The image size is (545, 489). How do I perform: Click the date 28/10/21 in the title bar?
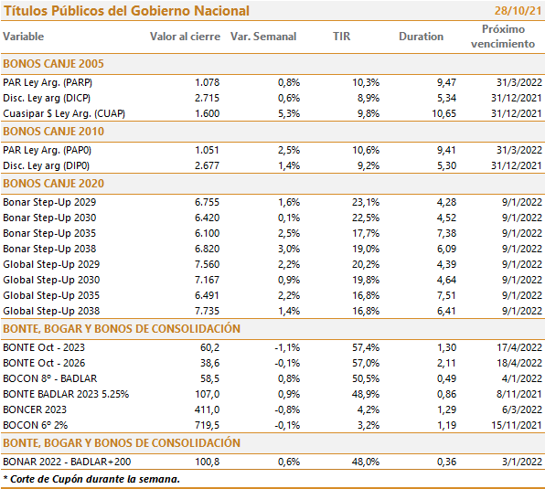tap(518, 11)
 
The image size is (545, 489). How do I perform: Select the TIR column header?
tap(341, 37)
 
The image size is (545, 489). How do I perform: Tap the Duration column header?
tap(421, 37)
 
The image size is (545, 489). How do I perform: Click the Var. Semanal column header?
tap(263, 37)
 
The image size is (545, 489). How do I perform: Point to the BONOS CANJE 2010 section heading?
tap(54, 132)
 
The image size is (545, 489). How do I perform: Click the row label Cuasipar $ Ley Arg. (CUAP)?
tap(64, 113)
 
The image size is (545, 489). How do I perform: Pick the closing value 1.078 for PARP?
tap(208, 82)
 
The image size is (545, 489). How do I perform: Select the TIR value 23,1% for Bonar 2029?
tap(366, 202)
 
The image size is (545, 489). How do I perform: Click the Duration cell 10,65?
tap(443, 113)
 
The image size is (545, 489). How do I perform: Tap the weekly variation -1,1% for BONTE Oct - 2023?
tap(287, 347)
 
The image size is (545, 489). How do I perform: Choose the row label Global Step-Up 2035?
tap(51, 295)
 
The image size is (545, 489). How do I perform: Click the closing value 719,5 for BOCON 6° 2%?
tap(208, 425)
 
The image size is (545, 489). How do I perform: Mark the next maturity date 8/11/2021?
tap(518, 394)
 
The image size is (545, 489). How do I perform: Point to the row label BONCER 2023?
tap(35, 409)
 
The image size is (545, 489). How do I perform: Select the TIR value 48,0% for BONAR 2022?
tap(366, 462)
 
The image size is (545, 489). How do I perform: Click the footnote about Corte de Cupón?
tap(91, 479)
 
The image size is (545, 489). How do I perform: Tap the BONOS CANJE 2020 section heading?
tap(54, 184)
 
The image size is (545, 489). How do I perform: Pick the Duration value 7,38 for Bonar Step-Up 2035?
tap(446, 233)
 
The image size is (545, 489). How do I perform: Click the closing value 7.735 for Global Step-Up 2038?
tap(208, 311)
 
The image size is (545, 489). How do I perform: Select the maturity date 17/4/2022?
tap(518, 347)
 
